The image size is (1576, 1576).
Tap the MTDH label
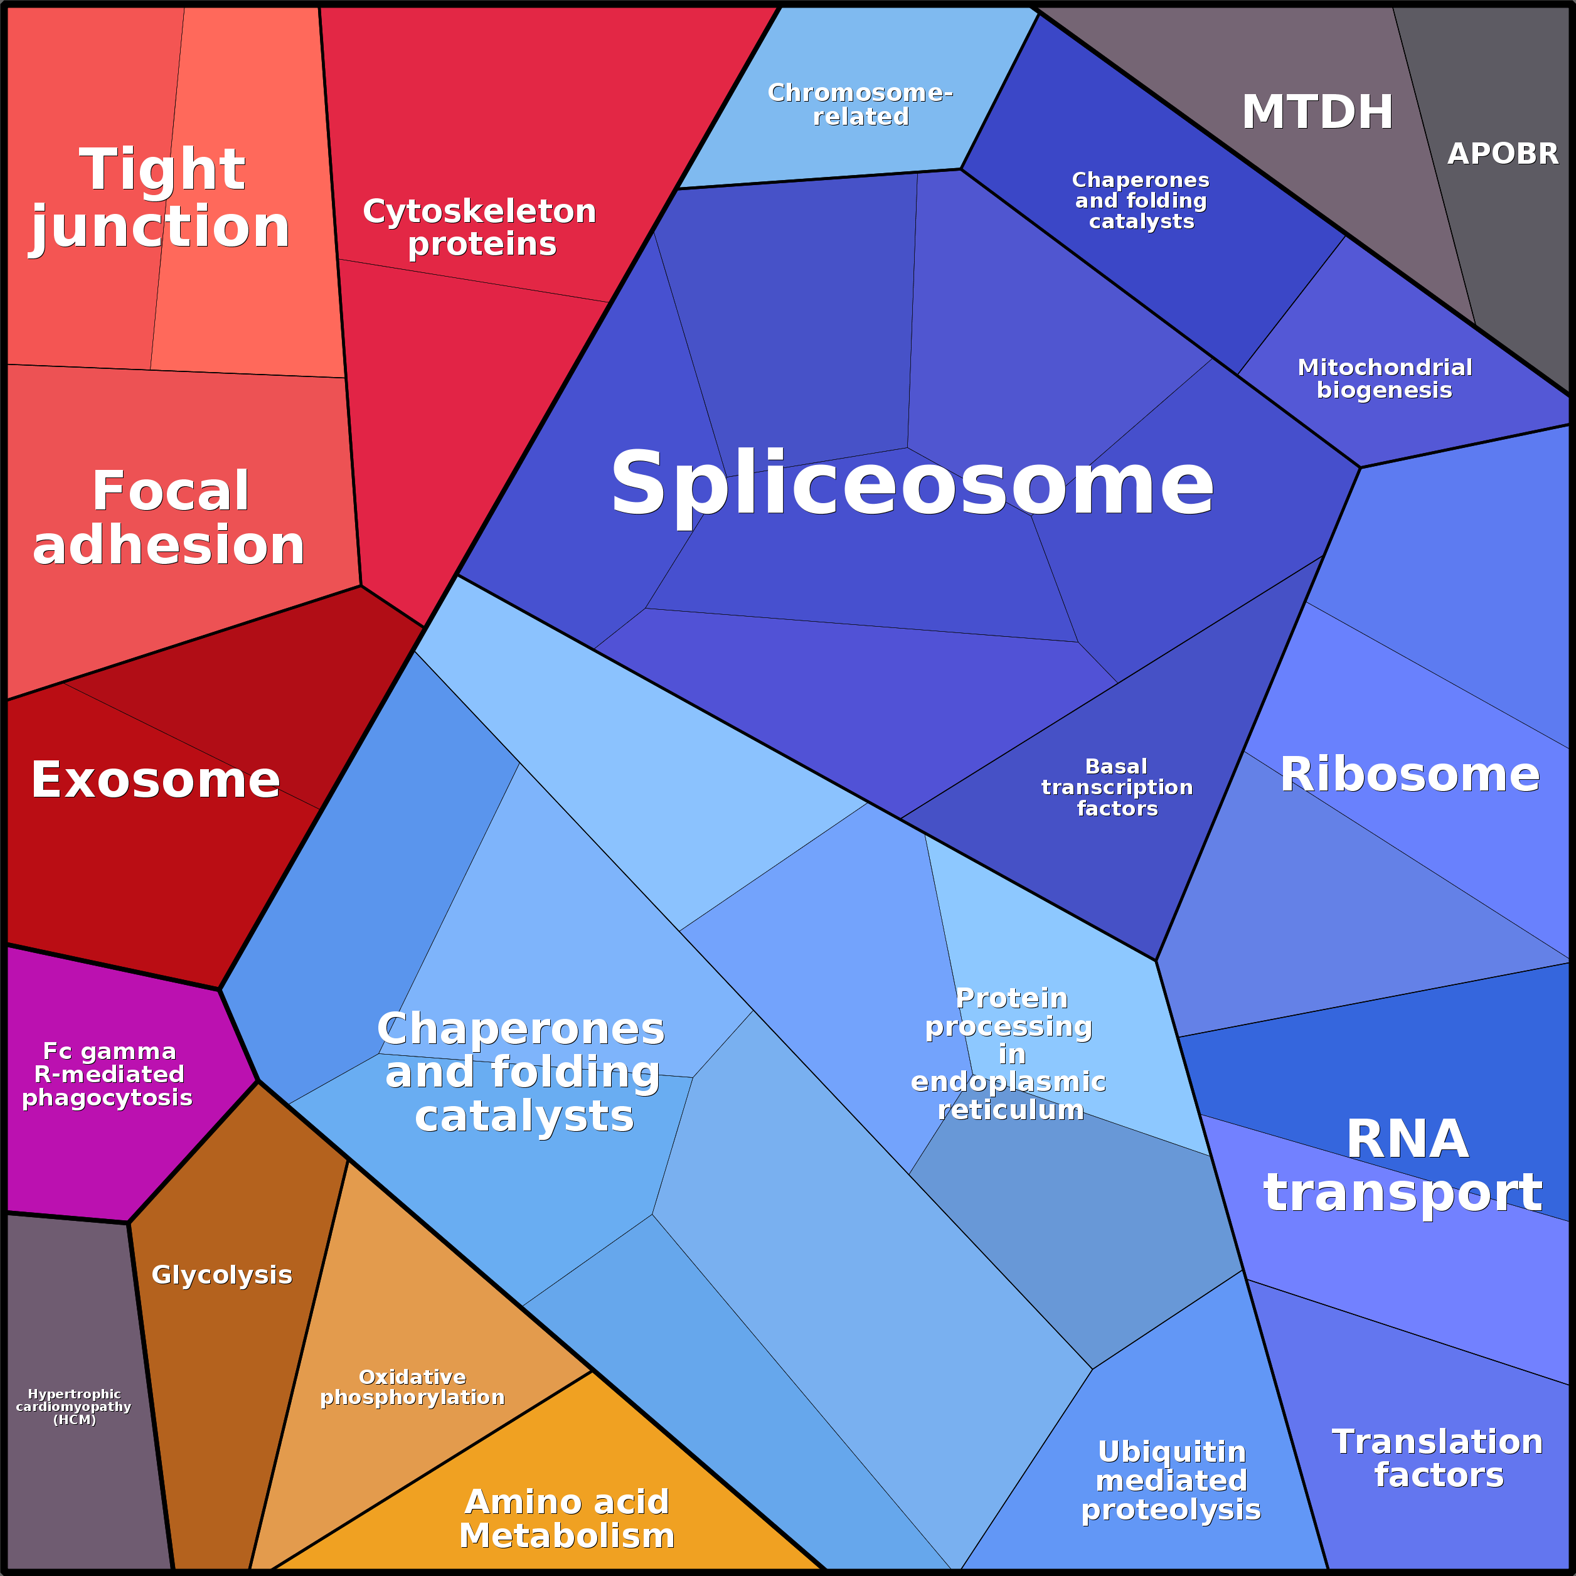point(1317,112)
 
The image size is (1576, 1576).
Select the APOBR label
point(1503,153)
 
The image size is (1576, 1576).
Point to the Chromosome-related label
point(861,104)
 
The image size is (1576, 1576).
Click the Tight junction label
point(161,198)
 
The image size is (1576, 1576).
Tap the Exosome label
point(156,780)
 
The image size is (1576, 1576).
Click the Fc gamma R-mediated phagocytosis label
point(108,1073)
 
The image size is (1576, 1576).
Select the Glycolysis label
point(222,1274)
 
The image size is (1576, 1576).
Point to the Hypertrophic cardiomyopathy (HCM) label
point(74,1407)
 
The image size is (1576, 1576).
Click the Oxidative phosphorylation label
point(412,1387)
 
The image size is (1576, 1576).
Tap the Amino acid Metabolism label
point(567,1518)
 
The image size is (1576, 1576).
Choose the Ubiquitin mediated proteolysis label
point(1171,1480)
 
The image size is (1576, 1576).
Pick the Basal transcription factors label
point(1117,787)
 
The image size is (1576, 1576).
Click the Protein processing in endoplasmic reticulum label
point(1009,1054)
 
